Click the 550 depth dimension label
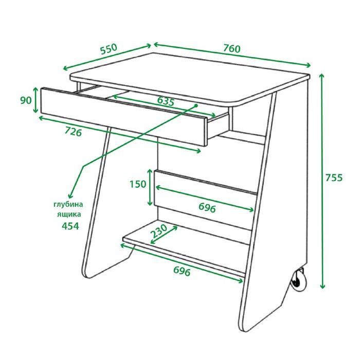[109, 49]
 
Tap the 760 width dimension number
[232, 48]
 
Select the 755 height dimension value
[334, 178]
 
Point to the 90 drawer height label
[26, 100]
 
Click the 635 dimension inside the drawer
[166, 101]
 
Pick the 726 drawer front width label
[73, 132]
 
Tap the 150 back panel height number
[138, 184]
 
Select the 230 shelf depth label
[159, 231]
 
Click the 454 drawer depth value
[70, 226]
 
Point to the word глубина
[68, 205]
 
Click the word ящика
[69, 214]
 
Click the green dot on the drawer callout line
[196, 105]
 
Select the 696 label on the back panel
[207, 208]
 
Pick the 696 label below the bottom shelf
[182, 271]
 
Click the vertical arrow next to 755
[322, 181]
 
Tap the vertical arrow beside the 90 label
[35, 100]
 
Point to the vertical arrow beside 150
[150, 187]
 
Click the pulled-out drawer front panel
[124, 116]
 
